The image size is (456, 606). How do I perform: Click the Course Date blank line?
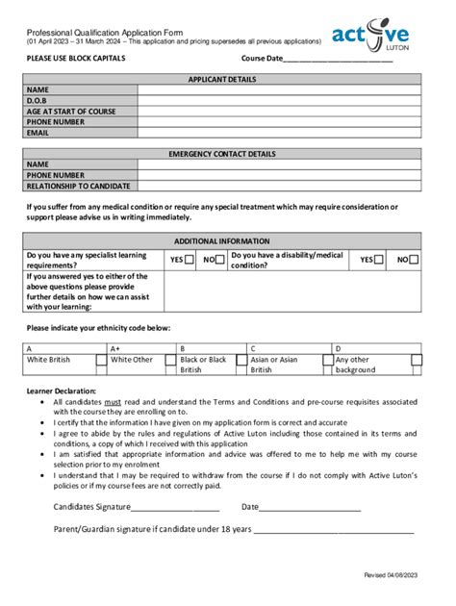click(x=338, y=60)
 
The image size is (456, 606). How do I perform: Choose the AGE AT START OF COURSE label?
click(x=71, y=112)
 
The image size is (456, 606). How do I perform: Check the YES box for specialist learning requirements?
click(x=190, y=259)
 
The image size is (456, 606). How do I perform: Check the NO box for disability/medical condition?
click(x=415, y=259)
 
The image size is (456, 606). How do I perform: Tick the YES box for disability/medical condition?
click(x=379, y=259)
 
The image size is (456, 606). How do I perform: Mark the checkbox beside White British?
click(x=101, y=361)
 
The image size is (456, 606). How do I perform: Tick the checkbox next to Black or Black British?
click(x=241, y=361)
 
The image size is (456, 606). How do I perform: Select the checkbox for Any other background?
click(x=417, y=361)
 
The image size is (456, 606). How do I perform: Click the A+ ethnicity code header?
click(x=115, y=348)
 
